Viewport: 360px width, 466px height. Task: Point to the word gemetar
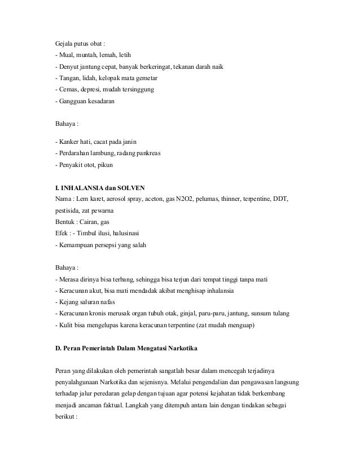(146, 78)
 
